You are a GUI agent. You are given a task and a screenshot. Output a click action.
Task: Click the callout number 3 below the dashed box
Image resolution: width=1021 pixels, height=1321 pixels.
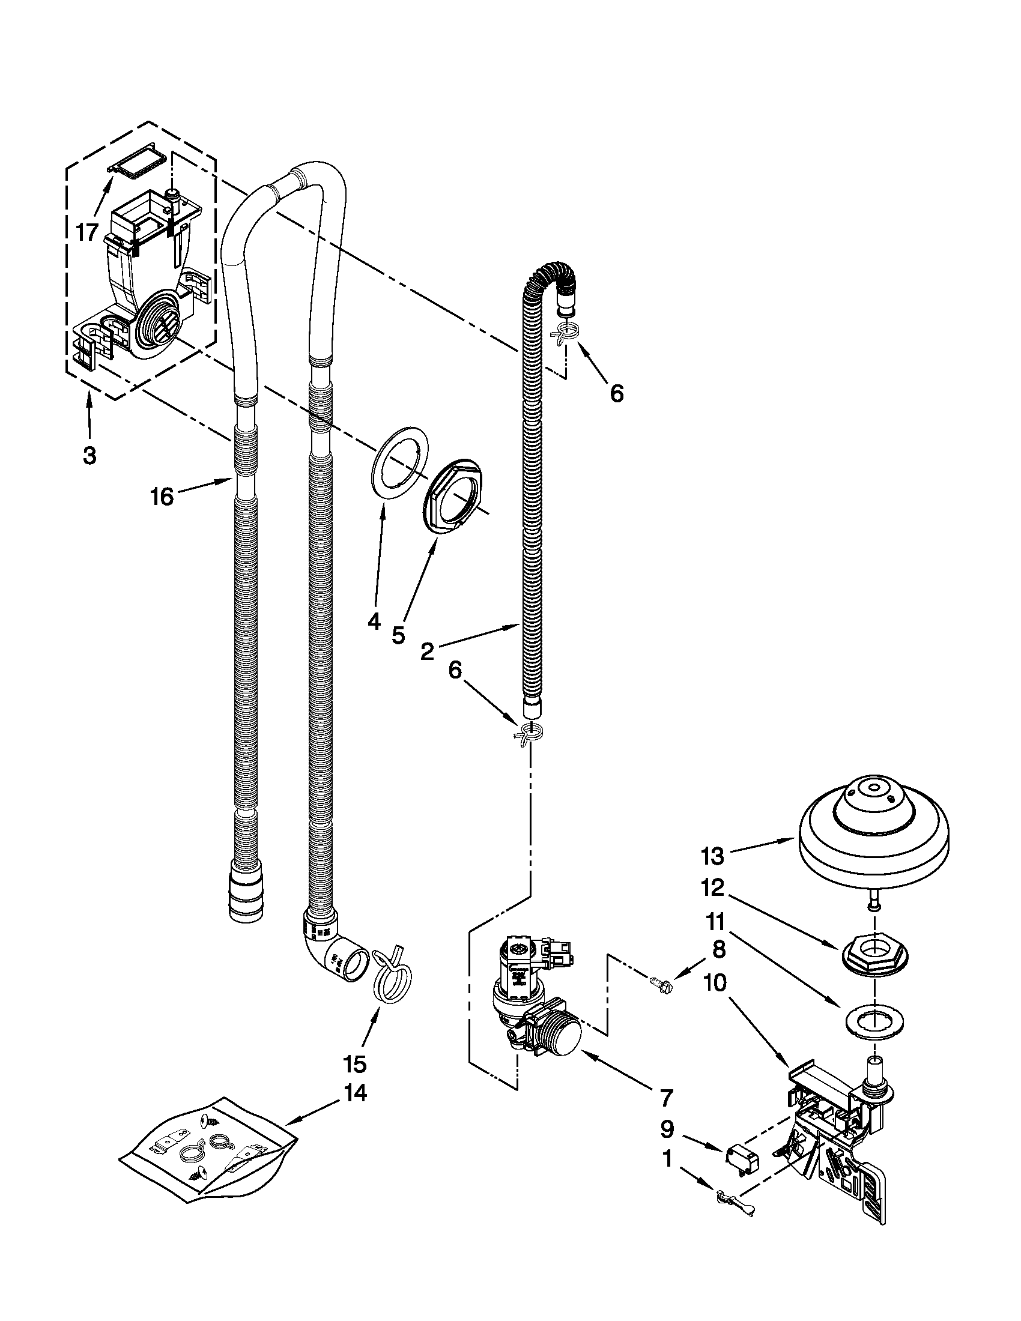89,455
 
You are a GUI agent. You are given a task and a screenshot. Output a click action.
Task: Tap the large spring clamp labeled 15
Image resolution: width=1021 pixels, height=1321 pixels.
392,976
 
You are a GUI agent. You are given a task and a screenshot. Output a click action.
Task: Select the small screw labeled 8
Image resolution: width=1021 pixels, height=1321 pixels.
660,985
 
